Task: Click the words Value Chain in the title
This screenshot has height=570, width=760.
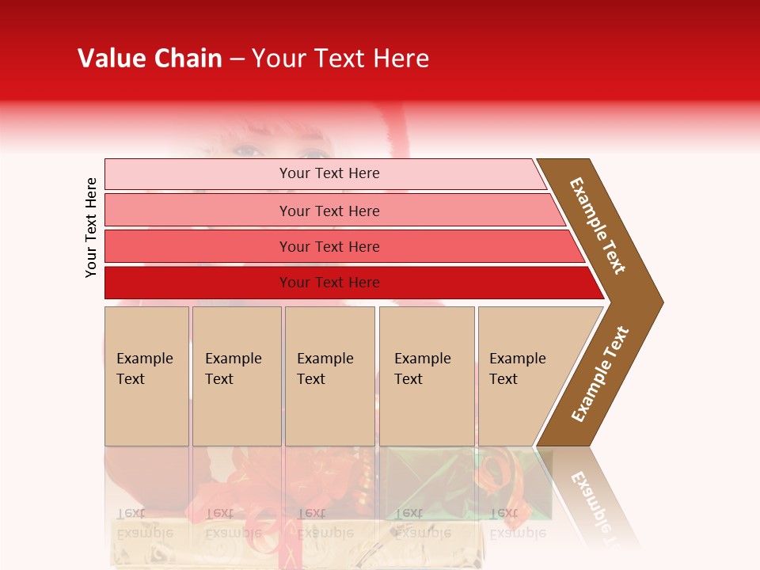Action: pos(150,59)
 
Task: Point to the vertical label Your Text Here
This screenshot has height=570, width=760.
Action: pos(91,227)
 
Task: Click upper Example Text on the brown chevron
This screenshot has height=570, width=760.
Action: pos(598,225)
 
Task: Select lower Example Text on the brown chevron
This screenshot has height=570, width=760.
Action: pos(600,374)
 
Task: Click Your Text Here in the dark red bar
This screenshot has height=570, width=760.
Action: pos(329,283)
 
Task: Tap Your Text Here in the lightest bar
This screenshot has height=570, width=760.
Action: pos(329,173)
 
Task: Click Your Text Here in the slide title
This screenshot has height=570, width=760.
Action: pos(340,59)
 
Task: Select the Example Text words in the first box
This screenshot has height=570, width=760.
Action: pos(144,369)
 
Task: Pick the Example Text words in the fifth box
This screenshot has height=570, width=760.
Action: pos(517,369)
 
